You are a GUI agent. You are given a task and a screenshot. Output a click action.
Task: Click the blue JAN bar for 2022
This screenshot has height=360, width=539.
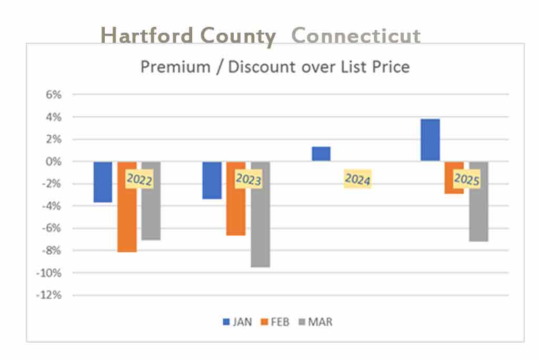coord(103,182)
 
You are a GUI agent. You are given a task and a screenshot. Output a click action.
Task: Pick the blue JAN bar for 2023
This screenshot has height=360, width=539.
coord(212,180)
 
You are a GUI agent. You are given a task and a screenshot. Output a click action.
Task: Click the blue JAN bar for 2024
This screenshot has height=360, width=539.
coord(321,154)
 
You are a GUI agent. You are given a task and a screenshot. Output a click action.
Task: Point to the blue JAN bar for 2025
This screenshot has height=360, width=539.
coord(430,140)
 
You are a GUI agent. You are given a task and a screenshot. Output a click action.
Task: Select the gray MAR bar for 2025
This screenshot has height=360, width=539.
coord(478,211)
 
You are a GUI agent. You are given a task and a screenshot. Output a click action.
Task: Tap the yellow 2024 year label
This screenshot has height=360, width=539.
coord(357,179)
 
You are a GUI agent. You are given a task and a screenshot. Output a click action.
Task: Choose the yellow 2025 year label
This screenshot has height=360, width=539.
coord(466,179)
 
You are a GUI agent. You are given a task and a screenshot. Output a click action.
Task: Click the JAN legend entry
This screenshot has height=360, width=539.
coord(237,322)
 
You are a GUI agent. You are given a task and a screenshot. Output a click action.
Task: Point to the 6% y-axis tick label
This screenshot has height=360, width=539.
coord(54,95)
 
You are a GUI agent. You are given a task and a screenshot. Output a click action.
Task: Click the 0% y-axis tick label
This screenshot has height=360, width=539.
coord(54,162)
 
